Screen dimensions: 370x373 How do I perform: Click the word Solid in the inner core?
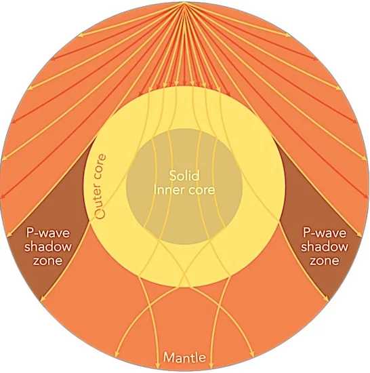(x=184, y=176)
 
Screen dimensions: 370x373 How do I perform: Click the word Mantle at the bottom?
(x=184, y=357)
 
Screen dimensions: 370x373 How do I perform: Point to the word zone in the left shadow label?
(x=47, y=261)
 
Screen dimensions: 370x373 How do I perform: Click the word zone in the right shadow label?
(x=324, y=261)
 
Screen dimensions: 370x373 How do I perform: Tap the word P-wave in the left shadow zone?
(x=48, y=233)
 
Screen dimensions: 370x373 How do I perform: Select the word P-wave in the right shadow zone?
(x=325, y=233)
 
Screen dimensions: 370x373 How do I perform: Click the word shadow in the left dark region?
(x=48, y=246)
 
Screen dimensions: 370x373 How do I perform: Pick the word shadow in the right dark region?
(x=325, y=246)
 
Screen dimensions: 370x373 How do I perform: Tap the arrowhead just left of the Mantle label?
(x=157, y=366)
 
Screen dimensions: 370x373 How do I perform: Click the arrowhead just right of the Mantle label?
(x=211, y=366)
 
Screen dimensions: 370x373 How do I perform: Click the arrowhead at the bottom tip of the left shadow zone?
(x=43, y=297)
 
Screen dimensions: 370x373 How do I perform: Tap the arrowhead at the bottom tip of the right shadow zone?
(x=327, y=297)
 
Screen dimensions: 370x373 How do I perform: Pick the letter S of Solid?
(x=172, y=176)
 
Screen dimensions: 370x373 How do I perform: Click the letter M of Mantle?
(x=168, y=357)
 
